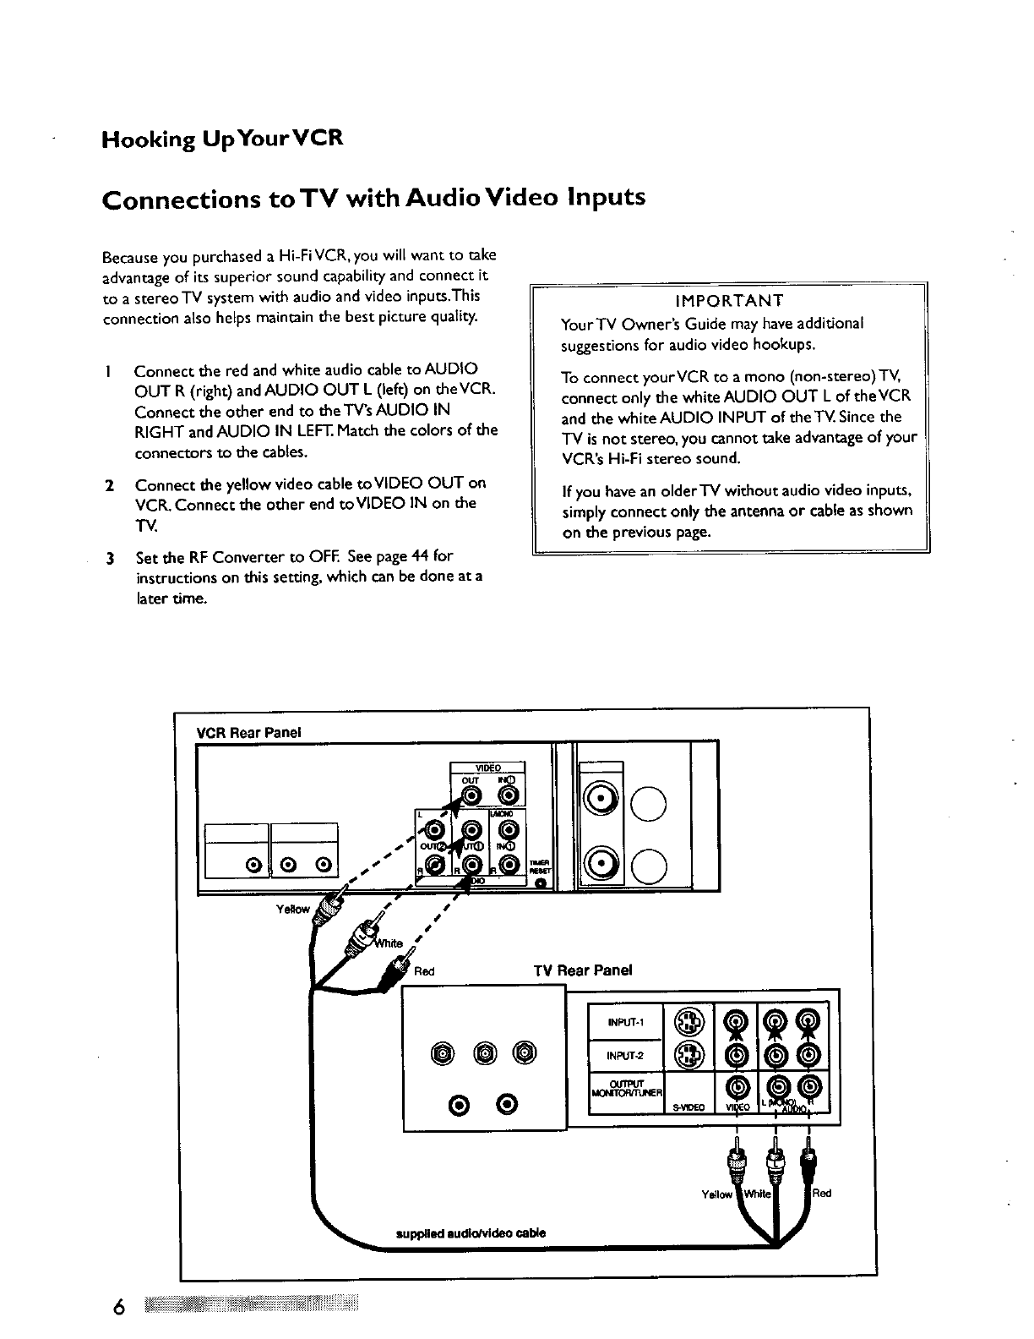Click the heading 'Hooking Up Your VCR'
point(221,138)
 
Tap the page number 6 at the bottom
point(119,1308)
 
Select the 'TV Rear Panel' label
point(583,970)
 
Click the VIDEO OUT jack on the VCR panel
point(471,795)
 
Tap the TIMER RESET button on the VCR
point(540,883)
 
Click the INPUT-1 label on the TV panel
point(626,1022)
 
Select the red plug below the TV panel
point(808,1160)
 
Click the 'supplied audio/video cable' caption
point(471,1232)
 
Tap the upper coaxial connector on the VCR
point(601,799)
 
